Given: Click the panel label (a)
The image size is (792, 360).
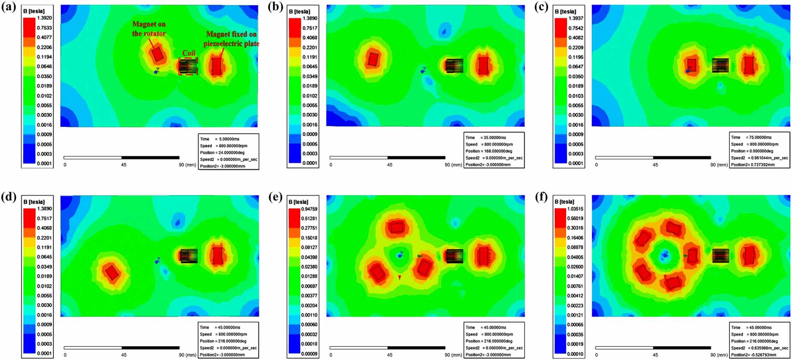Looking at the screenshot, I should pyautogui.click(x=9, y=7).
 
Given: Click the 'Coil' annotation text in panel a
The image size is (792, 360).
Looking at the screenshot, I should pyautogui.click(x=188, y=53).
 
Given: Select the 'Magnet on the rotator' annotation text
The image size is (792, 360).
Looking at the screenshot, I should pyautogui.click(x=149, y=29).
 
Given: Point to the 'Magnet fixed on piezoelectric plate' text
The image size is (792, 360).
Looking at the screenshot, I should pyautogui.click(x=231, y=39).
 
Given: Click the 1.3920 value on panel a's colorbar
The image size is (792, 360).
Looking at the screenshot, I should pyautogui.click(x=45, y=18).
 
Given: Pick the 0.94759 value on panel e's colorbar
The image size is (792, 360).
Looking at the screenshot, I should pyautogui.click(x=310, y=209).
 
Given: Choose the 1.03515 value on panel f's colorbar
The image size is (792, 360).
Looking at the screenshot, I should pyautogui.click(x=575, y=209).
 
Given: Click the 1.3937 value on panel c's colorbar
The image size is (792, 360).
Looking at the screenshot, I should pyautogui.click(x=576, y=18).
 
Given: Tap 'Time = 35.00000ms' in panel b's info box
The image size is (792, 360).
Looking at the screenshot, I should pyautogui.click(x=485, y=137).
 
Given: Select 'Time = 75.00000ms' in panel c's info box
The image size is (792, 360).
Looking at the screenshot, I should pyautogui.click(x=751, y=137).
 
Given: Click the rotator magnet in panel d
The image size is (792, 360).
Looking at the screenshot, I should pyautogui.click(x=112, y=272).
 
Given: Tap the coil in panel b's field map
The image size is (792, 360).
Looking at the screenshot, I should pyautogui.click(x=454, y=65).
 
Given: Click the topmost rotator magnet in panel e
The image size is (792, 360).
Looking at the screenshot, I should pyautogui.click(x=397, y=227).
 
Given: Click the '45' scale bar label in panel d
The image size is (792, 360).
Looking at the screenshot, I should pyautogui.click(x=124, y=355).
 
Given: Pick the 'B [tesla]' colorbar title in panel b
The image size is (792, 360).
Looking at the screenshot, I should pyautogui.click(x=300, y=12).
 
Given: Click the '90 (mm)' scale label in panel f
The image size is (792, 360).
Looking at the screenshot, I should pyautogui.click(x=719, y=355).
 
